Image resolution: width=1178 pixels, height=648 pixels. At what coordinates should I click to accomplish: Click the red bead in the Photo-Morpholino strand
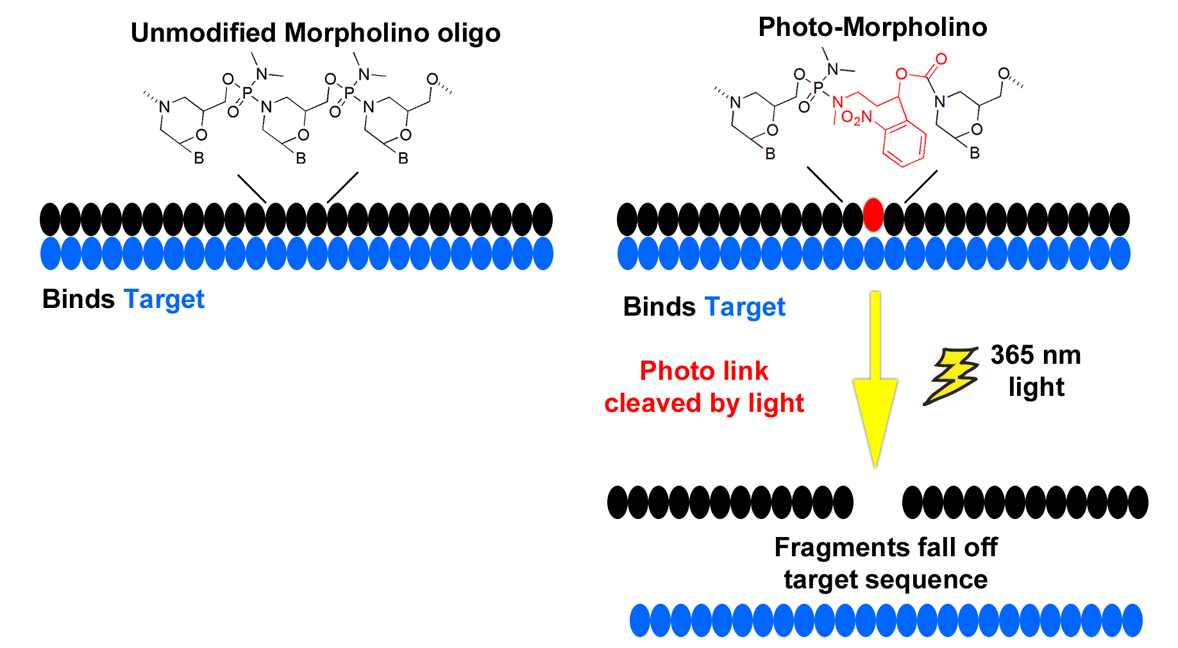click(873, 214)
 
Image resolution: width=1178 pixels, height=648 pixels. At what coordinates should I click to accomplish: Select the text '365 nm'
click(1035, 355)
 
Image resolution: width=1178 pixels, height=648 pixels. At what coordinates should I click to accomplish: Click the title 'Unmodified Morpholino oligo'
click(315, 33)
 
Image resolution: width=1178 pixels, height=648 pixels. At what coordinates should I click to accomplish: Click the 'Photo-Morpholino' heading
click(872, 27)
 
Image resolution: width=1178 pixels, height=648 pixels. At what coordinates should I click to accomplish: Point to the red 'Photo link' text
click(703, 371)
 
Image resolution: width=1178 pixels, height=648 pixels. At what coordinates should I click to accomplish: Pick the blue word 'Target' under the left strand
click(164, 300)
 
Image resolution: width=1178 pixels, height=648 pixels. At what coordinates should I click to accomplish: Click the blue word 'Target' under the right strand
click(745, 307)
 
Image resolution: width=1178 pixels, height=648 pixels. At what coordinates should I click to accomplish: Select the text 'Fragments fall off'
click(886, 547)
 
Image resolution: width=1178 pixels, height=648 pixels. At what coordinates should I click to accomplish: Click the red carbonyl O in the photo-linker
click(941, 59)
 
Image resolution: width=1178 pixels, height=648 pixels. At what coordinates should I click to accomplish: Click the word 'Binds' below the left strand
click(78, 300)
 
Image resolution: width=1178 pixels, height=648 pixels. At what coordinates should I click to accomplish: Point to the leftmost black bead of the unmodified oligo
click(50, 219)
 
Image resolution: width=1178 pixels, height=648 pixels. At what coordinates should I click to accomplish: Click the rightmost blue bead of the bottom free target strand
click(1132, 620)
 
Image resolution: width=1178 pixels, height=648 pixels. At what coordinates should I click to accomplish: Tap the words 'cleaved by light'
click(703, 404)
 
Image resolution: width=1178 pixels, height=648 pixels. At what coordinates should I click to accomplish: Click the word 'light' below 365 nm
click(1036, 387)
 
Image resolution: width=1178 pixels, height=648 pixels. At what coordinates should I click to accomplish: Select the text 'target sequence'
click(886, 579)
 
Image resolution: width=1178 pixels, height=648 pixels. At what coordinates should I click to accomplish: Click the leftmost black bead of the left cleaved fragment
click(618, 502)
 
